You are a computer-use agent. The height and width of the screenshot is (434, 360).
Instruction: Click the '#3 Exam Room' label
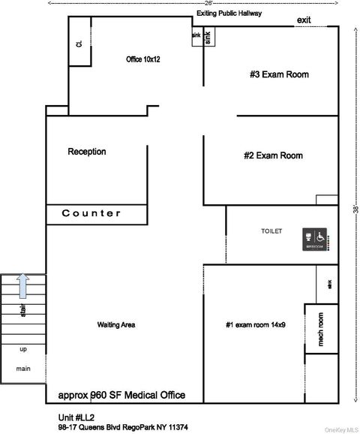(279, 74)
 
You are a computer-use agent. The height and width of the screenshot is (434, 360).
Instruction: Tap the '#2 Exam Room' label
(273, 156)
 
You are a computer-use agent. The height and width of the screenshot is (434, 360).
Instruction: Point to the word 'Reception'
(87, 152)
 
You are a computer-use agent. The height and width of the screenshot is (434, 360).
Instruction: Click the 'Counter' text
(91, 213)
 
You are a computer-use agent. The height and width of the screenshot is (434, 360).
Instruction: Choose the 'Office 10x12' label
(144, 59)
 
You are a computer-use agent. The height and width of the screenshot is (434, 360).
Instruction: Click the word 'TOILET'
(271, 231)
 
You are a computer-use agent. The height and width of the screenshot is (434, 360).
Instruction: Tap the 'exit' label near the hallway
(304, 20)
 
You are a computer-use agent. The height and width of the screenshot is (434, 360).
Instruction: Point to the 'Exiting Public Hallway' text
(229, 14)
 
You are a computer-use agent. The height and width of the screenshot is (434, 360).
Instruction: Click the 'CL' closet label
(78, 44)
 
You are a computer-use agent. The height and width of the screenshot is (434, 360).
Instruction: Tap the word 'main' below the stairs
(23, 368)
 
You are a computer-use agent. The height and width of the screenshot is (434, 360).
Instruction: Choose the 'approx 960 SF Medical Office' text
(121, 395)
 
